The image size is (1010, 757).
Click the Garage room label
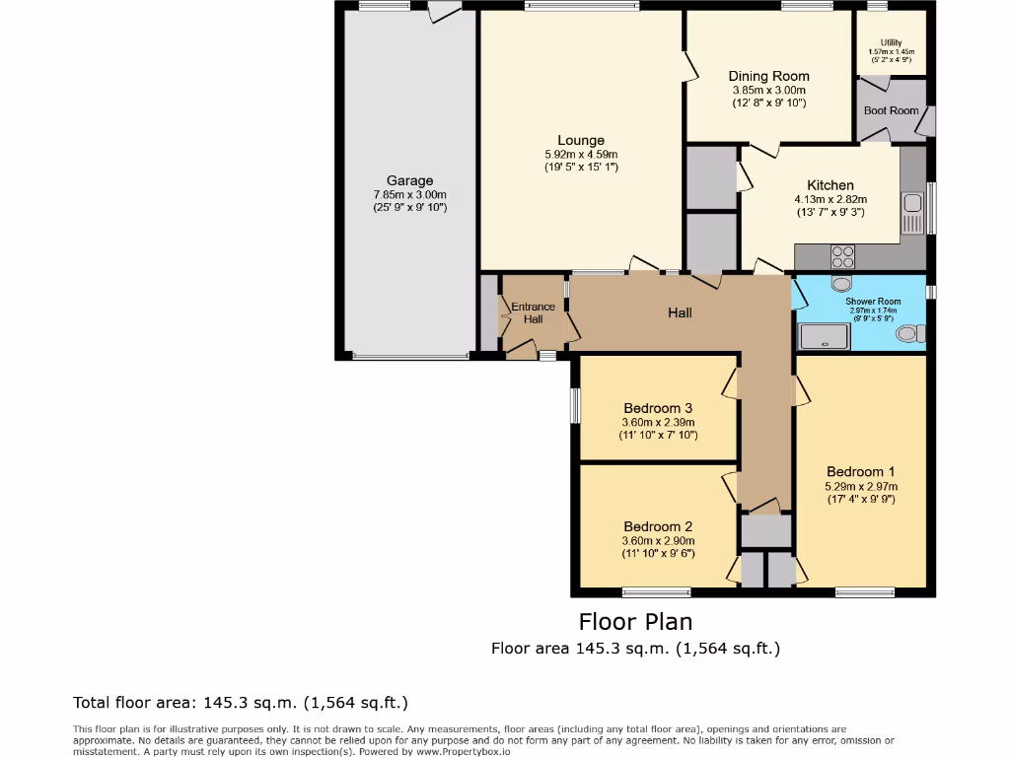pyautogui.click(x=409, y=180)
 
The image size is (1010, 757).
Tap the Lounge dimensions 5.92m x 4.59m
pyautogui.click(x=581, y=155)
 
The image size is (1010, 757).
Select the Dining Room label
pyautogui.click(x=768, y=76)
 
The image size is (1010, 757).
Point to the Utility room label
pyautogui.click(x=891, y=42)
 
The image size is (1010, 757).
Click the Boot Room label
pyautogui.click(x=891, y=110)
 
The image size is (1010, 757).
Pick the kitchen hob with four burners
pyautogui.click(x=842, y=257)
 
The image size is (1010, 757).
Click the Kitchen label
pyautogui.click(x=830, y=185)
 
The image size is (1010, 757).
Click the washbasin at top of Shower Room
pyautogui.click(x=841, y=284)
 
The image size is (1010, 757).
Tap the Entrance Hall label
pyautogui.click(x=533, y=312)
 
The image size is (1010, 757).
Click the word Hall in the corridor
pyautogui.click(x=680, y=312)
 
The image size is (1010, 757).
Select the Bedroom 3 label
pyautogui.click(x=658, y=408)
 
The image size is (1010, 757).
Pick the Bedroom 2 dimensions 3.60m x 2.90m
pyautogui.click(x=658, y=540)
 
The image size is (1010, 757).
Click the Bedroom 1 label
pyautogui.click(x=861, y=471)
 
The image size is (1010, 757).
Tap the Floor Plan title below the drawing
pyautogui.click(x=635, y=622)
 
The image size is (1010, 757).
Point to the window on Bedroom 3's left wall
pyautogui.click(x=575, y=405)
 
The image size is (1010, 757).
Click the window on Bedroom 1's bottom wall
pyautogui.click(x=864, y=592)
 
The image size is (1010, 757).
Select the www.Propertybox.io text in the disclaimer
pyautogui.click(x=463, y=751)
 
